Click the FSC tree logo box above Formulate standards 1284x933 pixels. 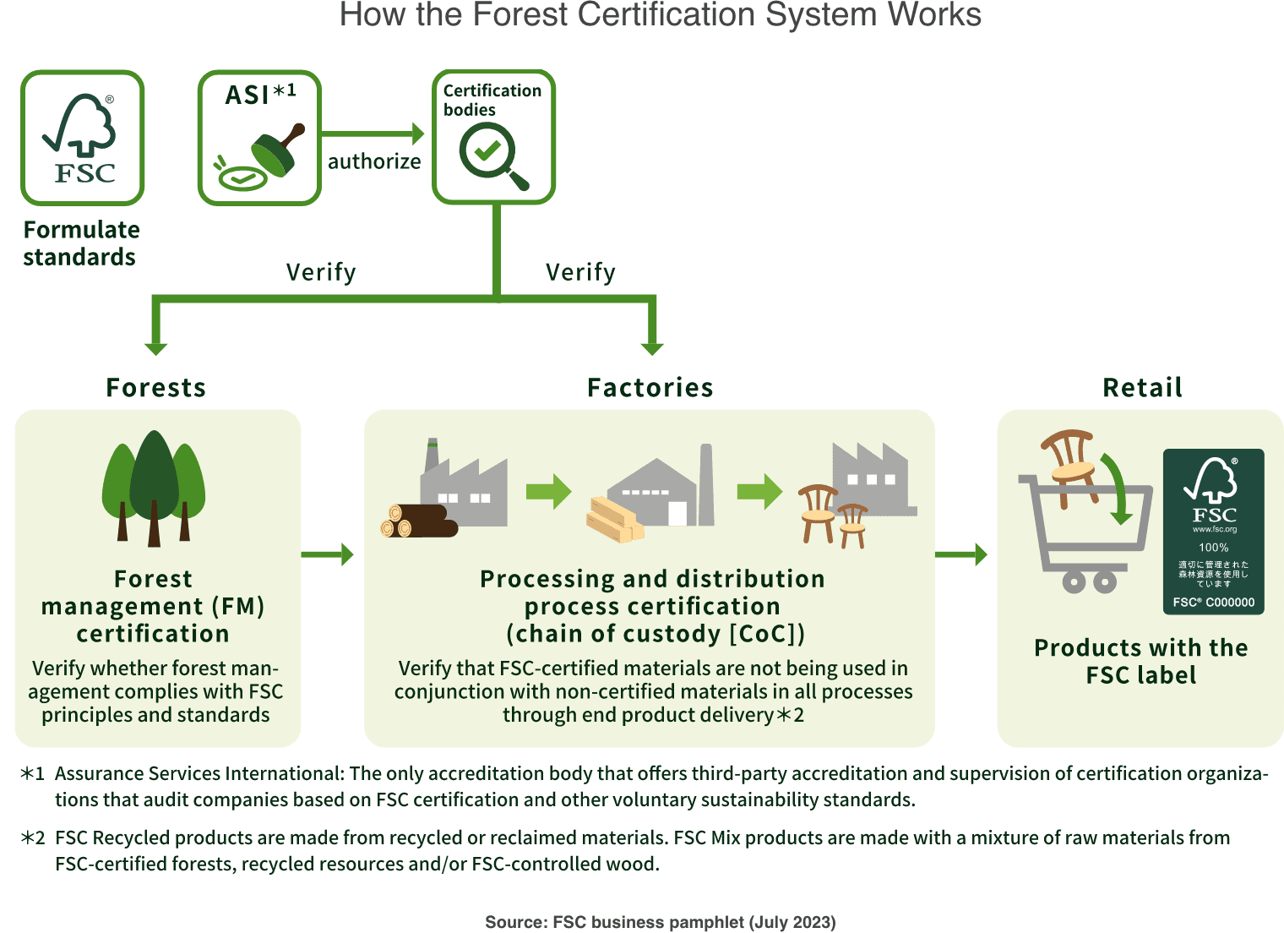coord(83,138)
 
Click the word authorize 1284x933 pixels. coord(374,161)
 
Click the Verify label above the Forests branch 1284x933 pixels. coord(321,272)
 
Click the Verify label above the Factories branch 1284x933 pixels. coord(580,272)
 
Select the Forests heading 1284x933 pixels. coord(156,388)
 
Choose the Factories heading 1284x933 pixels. coord(650,388)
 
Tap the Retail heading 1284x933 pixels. coord(1142,388)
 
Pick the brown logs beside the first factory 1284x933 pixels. coord(418,521)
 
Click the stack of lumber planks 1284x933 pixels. coord(615,518)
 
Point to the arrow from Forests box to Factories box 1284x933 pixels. coord(328,554)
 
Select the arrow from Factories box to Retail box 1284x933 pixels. coord(962,554)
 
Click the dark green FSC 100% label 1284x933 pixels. coord(1214,532)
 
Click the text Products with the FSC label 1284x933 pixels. coord(1141,662)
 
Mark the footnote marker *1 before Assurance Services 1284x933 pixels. coord(32,774)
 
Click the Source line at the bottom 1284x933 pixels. coord(660,922)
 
